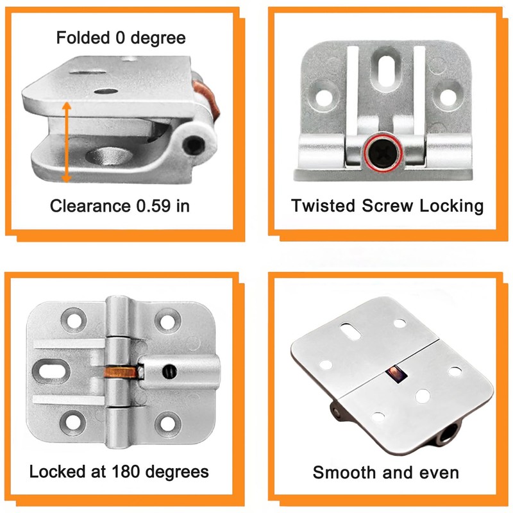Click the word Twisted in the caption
point(323,206)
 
